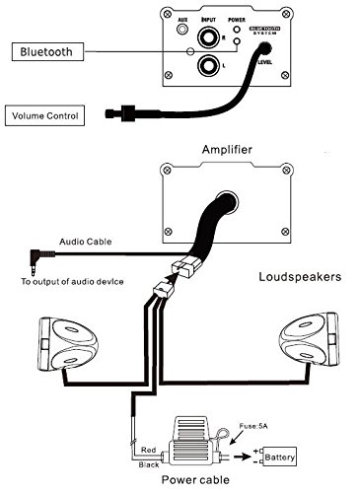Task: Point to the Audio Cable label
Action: [85, 242]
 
